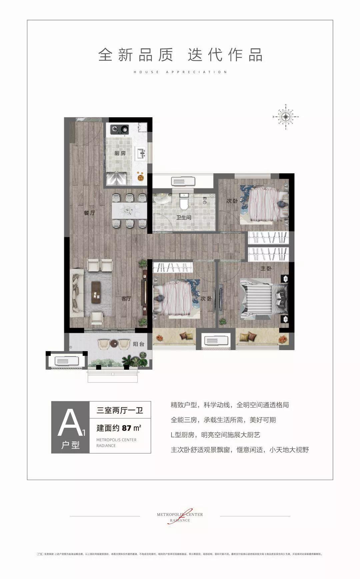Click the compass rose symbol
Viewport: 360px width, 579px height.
pyautogui.click(x=286, y=116)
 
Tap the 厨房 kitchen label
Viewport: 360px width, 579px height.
pyautogui.click(x=120, y=153)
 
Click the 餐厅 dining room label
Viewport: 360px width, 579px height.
pyautogui.click(x=89, y=213)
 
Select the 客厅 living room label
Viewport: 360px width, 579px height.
pyautogui.click(x=126, y=299)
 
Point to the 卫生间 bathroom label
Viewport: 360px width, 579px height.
pyautogui.click(x=184, y=218)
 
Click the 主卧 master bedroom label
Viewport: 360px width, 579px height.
pyautogui.click(x=265, y=268)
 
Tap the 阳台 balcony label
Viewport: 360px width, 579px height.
pyautogui.click(x=138, y=344)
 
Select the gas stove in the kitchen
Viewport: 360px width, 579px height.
pyautogui.click(x=120, y=128)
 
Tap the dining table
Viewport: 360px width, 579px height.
pyautogui.click(x=129, y=210)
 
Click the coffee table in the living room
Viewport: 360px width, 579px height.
pyautogui.click(x=96, y=292)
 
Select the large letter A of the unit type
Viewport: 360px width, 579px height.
pyautogui.click(x=69, y=423)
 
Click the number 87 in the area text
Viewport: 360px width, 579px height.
pyautogui.click(x=127, y=428)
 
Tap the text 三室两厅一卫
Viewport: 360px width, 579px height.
pyautogui.click(x=120, y=410)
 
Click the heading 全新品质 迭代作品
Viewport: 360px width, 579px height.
pyautogui.click(x=180, y=55)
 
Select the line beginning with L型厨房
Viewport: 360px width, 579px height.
pyautogui.click(x=215, y=435)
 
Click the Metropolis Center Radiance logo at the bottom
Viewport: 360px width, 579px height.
pyautogui.click(x=180, y=517)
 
